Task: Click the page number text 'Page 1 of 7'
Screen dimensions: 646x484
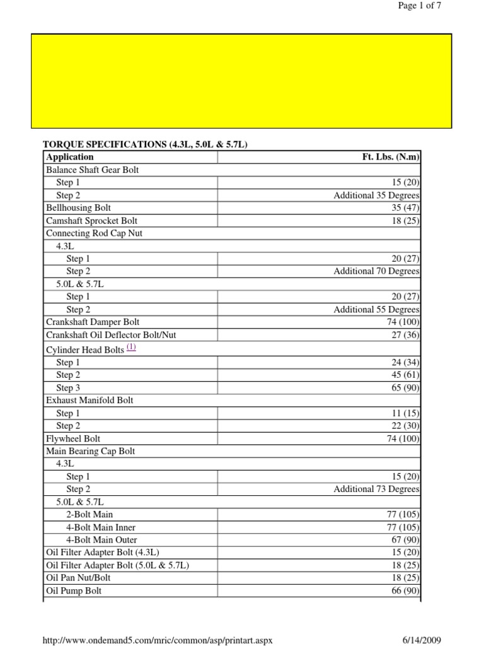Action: (x=419, y=6)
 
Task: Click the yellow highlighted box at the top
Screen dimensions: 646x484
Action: (x=241, y=81)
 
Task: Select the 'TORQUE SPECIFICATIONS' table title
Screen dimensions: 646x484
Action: (x=145, y=144)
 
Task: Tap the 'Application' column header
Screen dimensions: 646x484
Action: (x=70, y=157)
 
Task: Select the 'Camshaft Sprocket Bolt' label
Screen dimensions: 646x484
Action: (x=91, y=221)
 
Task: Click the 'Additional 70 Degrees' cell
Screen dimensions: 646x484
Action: (x=376, y=271)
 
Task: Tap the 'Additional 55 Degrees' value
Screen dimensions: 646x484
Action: (x=376, y=310)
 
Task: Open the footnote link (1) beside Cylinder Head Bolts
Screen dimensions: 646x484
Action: (x=131, y=347)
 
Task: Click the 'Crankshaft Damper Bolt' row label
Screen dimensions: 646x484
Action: (x=93, y=322)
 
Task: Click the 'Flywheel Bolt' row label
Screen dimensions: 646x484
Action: (x=73, y=438)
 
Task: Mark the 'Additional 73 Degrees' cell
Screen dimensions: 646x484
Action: (x=376, y=489)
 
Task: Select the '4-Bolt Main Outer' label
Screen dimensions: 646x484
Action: (x=101, y=540)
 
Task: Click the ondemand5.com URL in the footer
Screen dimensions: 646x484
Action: (x=157, y=640)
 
